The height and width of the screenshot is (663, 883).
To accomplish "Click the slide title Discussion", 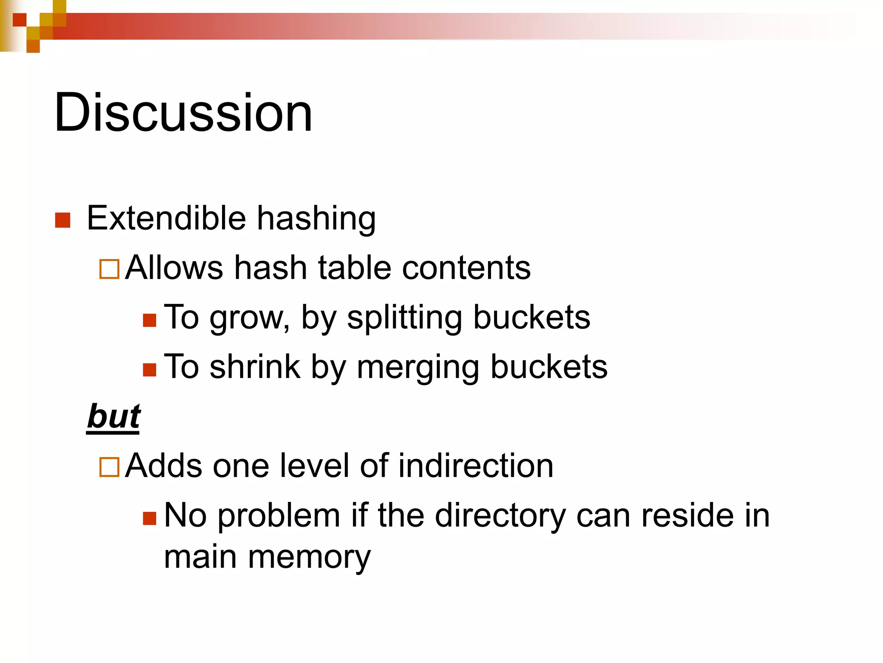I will click(x=183, y=113).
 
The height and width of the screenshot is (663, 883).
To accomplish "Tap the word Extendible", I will click(x=166, y=218).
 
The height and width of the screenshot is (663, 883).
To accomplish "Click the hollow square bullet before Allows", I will click(x=109, y=269).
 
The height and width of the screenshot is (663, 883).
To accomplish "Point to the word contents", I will click(x=466, y=268).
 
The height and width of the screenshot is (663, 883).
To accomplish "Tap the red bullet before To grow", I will click(x=149, y=320).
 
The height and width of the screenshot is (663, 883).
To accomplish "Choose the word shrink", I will click(x=255, y=367).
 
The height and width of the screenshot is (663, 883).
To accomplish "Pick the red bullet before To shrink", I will click(x=149, y=370).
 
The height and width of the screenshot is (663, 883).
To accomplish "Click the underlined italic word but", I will click(x=114, y=417).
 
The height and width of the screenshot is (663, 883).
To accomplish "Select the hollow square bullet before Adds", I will click(x=109, y=467).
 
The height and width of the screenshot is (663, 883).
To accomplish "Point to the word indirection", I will click(x=476, y=466).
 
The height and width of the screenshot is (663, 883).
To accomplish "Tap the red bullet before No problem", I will click(x=149, y=518).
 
